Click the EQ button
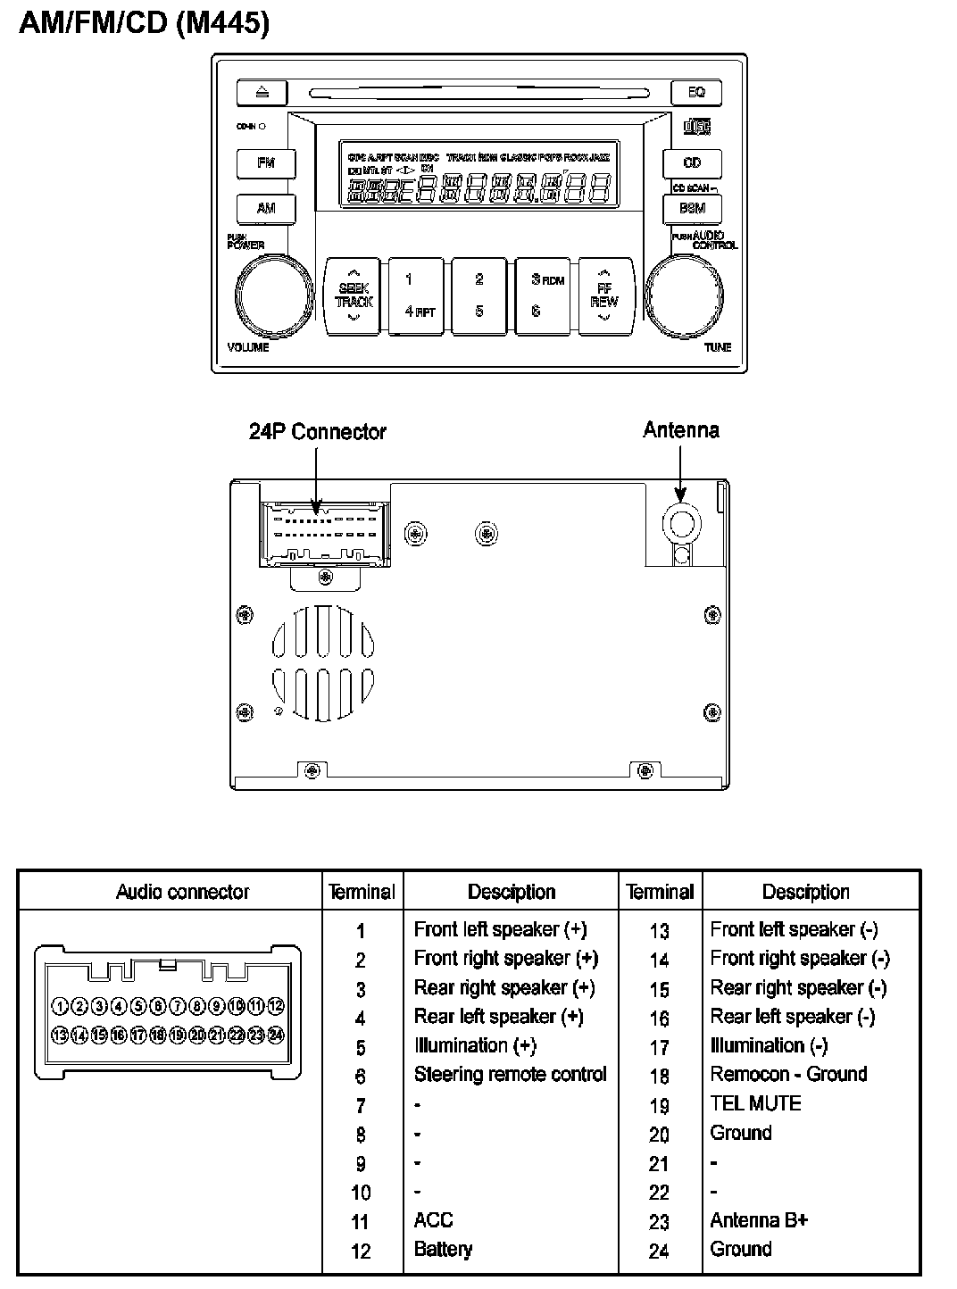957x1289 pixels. (696, 92)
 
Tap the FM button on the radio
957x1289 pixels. (266, 163)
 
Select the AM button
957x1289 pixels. (266, 208)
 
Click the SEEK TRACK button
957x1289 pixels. (354, 296)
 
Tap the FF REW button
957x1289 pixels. (604, 296)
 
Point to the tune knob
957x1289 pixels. (686, 294)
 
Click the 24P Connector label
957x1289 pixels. (317, 432)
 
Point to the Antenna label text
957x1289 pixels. (681, 430)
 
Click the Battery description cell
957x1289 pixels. (443, 1249)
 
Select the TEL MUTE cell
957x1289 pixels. (755, 1103)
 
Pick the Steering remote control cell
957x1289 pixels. (510, 1075)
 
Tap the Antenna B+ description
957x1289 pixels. (759, 1220)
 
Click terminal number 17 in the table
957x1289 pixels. (659, 1047)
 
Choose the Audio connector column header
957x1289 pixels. (183, 892)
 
